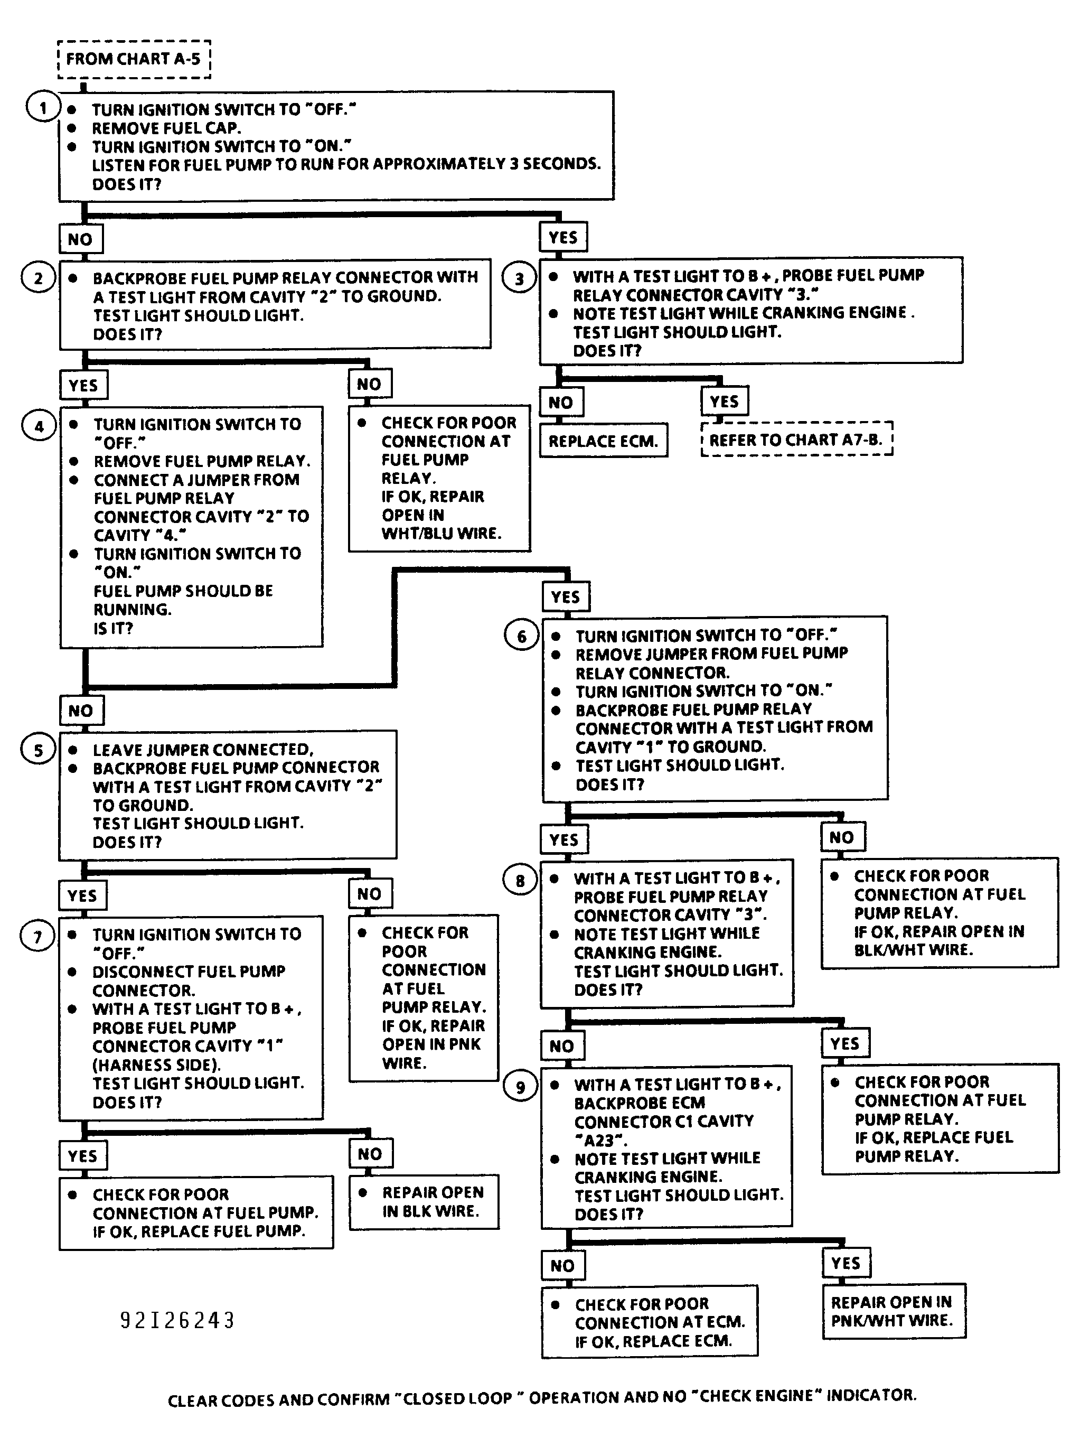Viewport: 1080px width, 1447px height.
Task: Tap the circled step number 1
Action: pos(42,107)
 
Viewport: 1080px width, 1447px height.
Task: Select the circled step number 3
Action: pos(519,279)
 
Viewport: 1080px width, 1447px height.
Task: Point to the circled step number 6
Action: pos(521,636)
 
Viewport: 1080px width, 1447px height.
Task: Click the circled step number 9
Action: pos(520,1087)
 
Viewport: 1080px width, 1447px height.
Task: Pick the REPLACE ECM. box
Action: pos(603,441)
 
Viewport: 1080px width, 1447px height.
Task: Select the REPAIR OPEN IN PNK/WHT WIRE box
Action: pos(893,1311)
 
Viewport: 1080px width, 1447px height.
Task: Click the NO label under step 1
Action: pos(80,239)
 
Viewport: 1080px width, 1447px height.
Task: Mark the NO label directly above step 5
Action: pos(81,711)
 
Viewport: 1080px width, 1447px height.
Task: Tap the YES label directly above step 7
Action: pos(82,895)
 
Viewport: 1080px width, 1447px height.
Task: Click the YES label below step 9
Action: pos(846,1263)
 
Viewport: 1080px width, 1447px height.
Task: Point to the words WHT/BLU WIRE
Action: pos(442,534)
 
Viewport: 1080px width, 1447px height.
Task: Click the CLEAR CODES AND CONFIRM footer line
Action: pos(542,1397)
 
